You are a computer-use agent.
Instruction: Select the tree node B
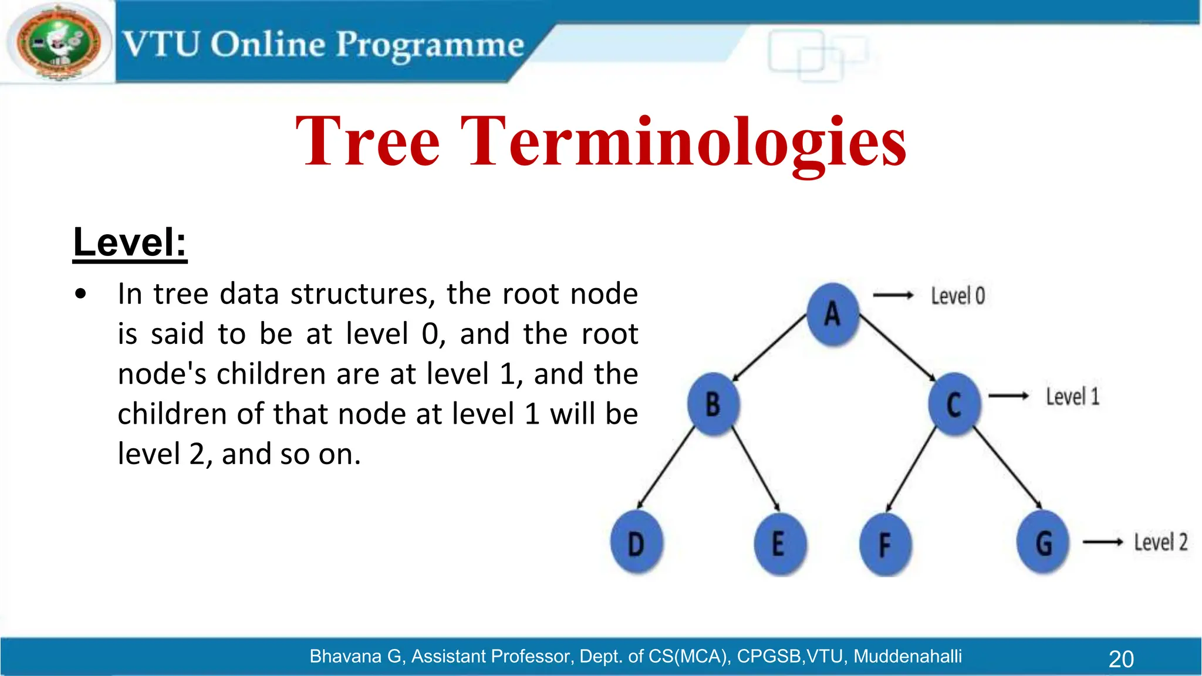[x=713, y=404]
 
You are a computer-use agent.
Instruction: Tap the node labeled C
[x=954, y=404]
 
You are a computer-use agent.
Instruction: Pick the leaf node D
[x=636, y=543]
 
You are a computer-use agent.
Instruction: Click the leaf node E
[x=779, y=543]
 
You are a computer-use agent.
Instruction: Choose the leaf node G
[x=1044, y=543]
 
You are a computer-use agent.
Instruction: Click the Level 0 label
[x=958, y=296]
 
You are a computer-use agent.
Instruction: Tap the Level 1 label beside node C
[x=1072, y=397]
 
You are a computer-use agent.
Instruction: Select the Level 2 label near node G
[x=1160, y=542]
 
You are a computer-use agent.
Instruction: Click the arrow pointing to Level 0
[x=893, y=295]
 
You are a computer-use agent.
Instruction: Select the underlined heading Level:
[x=130, y=242]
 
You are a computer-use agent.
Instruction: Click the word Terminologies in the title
[x=683, y=142]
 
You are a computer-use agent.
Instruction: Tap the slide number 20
[x=1121, y=659]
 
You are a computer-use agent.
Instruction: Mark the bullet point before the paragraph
[x=80, y=294]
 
